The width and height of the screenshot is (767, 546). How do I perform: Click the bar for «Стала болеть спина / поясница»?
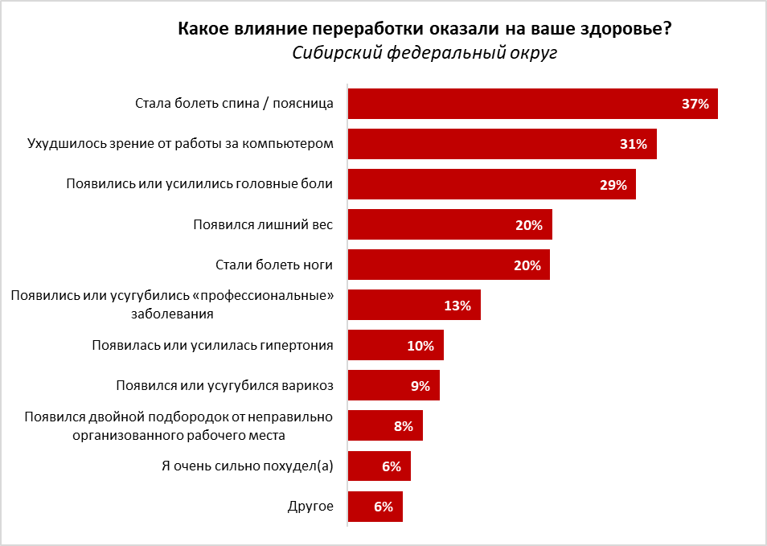tap(532, 104)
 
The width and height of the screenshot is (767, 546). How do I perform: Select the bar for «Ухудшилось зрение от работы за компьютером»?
tap(502, 144)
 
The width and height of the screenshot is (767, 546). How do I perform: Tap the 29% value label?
tap(613, 184)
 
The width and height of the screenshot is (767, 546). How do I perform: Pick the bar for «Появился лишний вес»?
tap(449, 224)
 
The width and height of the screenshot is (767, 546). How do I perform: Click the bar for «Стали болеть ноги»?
tap(448, 265)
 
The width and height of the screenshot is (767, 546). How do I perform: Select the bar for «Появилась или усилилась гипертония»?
tap(395, 346)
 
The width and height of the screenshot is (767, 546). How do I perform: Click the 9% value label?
tap(420, 386)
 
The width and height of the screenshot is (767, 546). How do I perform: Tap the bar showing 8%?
tap(384, 426)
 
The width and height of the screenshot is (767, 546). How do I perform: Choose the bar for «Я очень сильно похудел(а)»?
tap(379, 466)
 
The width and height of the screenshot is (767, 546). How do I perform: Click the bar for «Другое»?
tap(375, 507)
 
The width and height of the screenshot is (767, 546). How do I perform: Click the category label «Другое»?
tap(310, 507)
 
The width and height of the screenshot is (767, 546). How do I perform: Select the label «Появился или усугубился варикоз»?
tap(224, 386)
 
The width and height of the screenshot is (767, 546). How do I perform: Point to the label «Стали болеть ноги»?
tap(274, 265)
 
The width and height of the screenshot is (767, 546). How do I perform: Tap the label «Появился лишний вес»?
tap(263, 224)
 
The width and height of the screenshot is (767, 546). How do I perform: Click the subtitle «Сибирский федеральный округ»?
tap(425, 53)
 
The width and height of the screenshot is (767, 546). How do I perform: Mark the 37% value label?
tap(695, 104)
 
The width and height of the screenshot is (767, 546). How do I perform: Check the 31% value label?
tap(634, 144)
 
